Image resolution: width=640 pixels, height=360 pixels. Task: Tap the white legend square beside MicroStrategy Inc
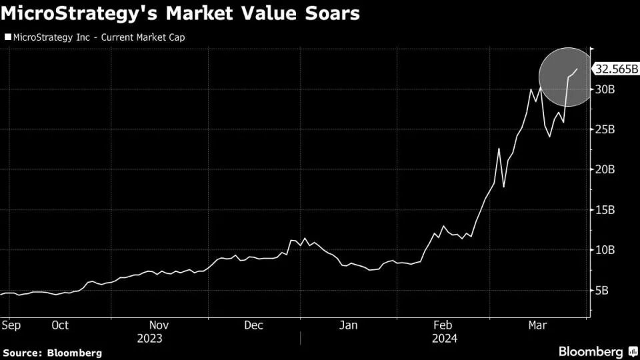coord(7,38)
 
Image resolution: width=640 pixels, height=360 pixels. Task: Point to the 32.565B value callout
coord(617,69)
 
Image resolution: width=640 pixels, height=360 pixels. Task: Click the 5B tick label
coord(602,291)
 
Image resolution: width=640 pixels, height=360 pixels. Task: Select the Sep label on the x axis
coord(11,325)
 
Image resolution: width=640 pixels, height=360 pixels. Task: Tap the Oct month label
coord(60,325)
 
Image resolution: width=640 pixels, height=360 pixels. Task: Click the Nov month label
coord(159,325)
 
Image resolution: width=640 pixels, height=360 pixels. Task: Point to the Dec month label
coord(253,325)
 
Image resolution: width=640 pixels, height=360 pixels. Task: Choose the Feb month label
coord(443,325)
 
